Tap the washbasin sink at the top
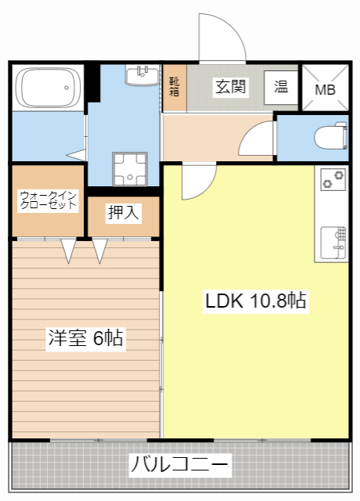(143, 74)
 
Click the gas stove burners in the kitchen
(333, 180)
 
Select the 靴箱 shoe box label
(174, 86)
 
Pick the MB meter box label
(325, 89)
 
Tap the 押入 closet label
(123, 212)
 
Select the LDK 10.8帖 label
(255, 300)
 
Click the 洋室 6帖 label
(86, 338)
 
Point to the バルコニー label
(180, 465)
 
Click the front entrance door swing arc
(222, 38)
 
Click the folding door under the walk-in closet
(69, 250)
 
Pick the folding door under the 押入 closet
(100, 250)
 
